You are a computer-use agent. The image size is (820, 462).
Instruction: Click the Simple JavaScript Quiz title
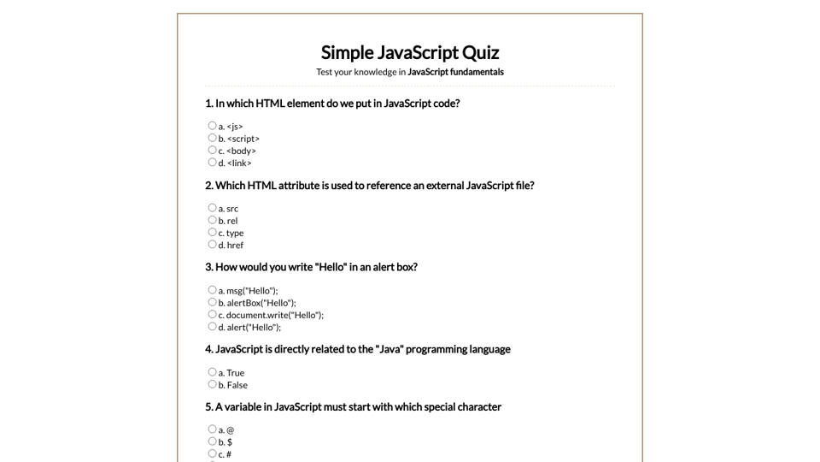[410, 52]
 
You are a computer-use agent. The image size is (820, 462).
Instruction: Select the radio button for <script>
[212, 138]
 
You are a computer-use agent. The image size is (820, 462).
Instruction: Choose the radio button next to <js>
[212, 126]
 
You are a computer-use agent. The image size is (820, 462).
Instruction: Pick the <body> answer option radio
[212, 150]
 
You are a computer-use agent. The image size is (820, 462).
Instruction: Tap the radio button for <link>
[212, 162]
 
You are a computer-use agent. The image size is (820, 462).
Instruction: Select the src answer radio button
[212, 208]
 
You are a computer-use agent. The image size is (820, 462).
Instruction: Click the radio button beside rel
[212, 220]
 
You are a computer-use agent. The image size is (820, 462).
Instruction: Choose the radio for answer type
[212, 232]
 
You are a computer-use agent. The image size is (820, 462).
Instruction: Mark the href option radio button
[212, 244]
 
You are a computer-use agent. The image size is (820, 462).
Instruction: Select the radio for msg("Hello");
[212, 290]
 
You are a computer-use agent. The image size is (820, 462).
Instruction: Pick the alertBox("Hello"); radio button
[212, 302]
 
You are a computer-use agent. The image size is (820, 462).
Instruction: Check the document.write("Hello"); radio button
[212, 314]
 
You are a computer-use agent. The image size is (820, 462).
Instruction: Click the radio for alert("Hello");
[212, 326]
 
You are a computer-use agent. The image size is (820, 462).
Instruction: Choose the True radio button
[212, 372]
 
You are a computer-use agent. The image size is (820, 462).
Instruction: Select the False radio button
[212, 384]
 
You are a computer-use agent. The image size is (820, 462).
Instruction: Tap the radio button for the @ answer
[212, 429]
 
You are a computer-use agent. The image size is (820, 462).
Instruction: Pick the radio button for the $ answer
[212, 441]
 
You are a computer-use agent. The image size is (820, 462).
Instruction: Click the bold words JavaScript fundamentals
[455, 72]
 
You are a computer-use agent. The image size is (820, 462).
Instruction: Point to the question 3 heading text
[311, 267]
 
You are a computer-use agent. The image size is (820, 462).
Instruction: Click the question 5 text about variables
[353, 407]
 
